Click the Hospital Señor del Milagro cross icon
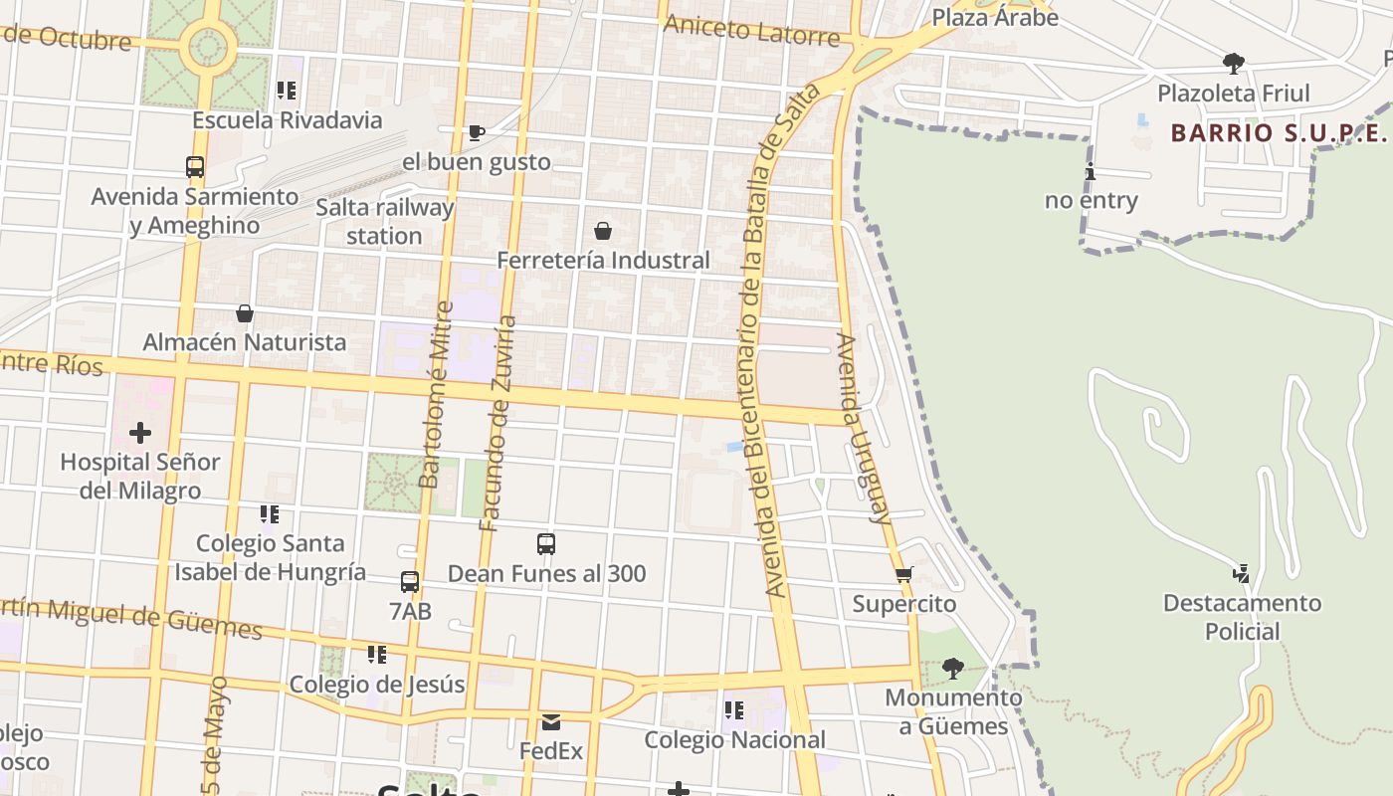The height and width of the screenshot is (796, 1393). point(140,433)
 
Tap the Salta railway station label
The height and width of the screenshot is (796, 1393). point(384,222)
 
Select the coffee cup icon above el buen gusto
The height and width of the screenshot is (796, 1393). point(477,132)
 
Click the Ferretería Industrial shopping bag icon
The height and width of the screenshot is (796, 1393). point(603,232)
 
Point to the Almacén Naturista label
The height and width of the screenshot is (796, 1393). point(245,342)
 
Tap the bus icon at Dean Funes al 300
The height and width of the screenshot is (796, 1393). point(546,544)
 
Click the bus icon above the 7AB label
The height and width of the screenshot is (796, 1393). point(410,582)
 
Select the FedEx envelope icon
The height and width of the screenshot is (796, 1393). point(551,722)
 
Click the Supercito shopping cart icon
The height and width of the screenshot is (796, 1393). point(904,575)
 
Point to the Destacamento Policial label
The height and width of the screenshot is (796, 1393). point(1242,617)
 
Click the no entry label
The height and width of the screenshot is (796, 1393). point(1091,200)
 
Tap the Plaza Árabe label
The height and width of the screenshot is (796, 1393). point(994,17)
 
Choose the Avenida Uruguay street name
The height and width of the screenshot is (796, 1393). point(862,428)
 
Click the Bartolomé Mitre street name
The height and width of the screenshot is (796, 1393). point(435,395)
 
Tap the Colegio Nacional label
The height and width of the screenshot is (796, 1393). point(734,740)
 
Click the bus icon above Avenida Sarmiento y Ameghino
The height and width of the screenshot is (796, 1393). point(195,167)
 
